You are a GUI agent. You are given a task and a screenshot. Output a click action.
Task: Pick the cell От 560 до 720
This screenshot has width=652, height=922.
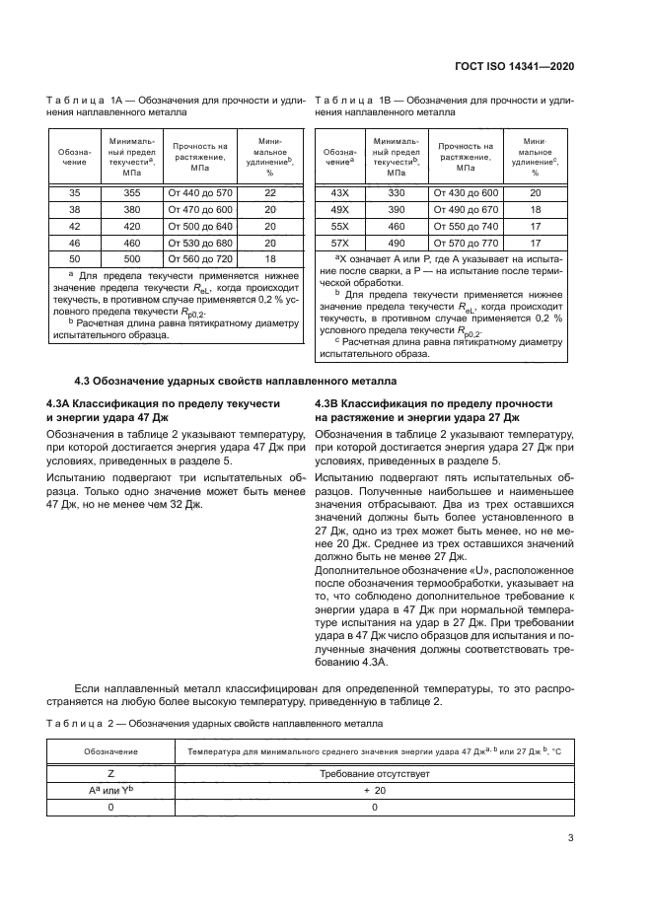[x=200, y=258]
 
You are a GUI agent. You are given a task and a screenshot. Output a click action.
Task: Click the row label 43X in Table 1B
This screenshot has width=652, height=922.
[x=340, y=193]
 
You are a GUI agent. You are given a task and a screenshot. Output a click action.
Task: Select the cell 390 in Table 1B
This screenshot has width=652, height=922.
[x=397, y=210]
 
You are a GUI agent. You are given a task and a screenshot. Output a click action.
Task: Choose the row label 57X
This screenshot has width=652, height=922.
[x=340, y=243]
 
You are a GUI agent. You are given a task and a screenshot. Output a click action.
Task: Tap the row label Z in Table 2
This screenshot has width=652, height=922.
[x=110, y=774]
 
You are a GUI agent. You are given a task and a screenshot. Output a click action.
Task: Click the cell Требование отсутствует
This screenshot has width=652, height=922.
[x=374, y=774]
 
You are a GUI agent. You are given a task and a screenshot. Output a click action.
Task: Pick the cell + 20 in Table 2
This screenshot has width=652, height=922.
[x=374, y=791]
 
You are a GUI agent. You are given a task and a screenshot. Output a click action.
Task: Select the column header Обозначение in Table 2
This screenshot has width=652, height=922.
[x=110, y=751]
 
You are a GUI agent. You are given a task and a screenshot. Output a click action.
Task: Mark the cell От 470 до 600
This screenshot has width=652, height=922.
[x=200, y=210]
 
